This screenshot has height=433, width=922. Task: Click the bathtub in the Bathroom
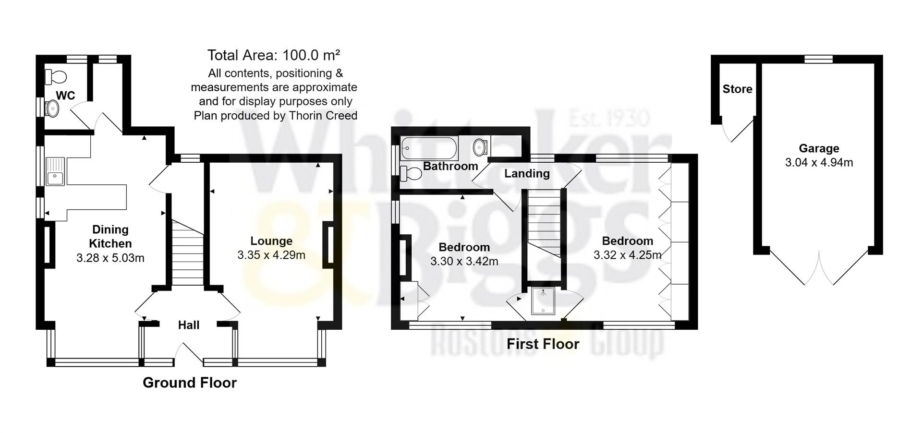pyautogui.click(x=429, y=148)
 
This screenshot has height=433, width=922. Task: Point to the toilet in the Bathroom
pyautogui.click(x=411, y=173)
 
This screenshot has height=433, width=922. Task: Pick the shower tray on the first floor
pyautogui.click(x=543, y=301)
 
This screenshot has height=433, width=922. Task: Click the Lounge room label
pyautogui.click(x=271, y=241)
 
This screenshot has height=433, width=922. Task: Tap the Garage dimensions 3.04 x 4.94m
pyautogui.click(x=819, y=163)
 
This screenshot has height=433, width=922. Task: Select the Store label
pyautogui.click(x=737, y=89)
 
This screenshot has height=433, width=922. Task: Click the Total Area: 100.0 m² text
pyautogui.click(x=274, y=55)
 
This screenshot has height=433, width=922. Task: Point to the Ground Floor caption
pyautogui.click(x=190, y=383)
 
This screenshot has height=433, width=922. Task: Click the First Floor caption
pyautogui.click(x=543, y=344)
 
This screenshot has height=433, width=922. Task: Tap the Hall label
pyautogui.click(x=189, y=325)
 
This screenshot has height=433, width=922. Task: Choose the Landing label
pyautogui.click(x=527, y=173)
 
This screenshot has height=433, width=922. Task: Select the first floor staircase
pyautogui.click(x=544, y=226)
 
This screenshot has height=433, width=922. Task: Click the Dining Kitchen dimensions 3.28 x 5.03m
pyautogui.click(x=110, y=258)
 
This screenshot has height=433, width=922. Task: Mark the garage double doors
pyautogui.click(x=819, y=269)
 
